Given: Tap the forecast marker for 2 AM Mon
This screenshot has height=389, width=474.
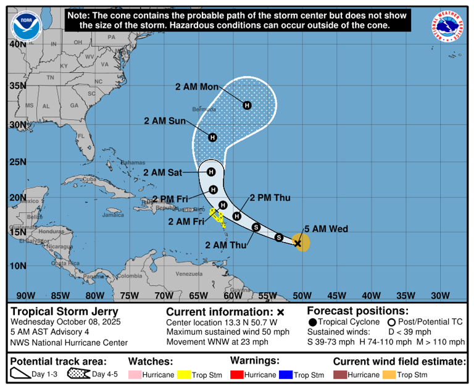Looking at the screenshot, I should coord(247,106).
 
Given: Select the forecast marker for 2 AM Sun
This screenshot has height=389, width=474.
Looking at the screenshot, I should coord(212,137).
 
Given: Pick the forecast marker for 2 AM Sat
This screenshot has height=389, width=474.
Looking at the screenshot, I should coord(211,172).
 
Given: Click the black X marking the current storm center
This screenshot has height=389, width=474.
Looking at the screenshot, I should coord(297,243).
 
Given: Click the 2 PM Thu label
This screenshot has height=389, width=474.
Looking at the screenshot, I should coord(270,198).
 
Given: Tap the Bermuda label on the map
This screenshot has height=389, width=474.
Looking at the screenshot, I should coord(204,109).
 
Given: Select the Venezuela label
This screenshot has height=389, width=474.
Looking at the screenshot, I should coord(189,273).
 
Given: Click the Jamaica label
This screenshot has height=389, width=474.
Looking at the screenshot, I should coord(113,215).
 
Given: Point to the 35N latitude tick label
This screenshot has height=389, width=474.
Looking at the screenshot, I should coord(17,85).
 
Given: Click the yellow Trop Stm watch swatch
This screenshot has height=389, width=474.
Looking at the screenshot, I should coord(184,375).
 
